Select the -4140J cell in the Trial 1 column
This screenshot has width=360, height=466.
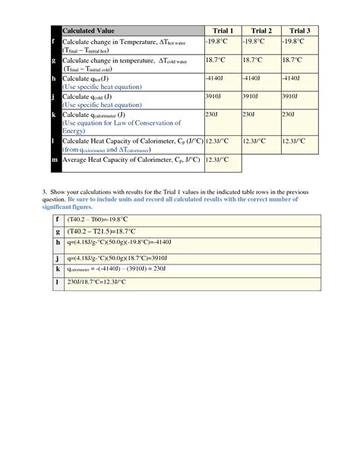click(215, 78)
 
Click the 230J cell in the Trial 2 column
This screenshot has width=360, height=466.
click(248, 114)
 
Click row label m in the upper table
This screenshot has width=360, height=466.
click(52, 161)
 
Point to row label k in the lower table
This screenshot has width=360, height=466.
click(56, 270)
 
